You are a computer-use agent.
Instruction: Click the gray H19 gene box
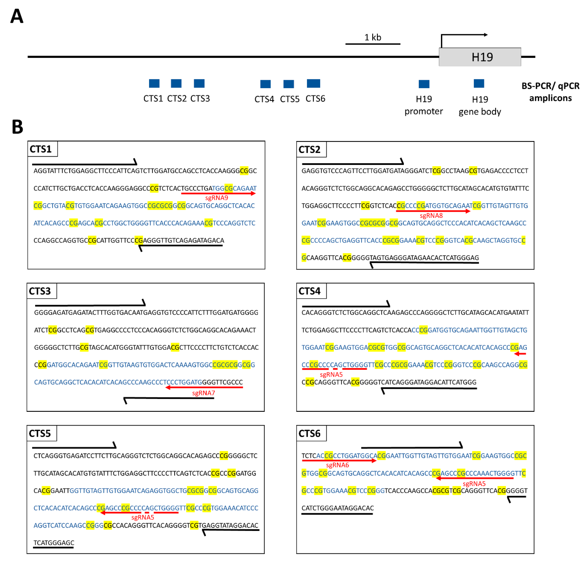[480, 57]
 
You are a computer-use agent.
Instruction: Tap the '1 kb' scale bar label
[373, 37]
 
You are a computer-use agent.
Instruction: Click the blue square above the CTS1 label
[154, 84]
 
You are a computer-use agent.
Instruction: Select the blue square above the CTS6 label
[313, 84]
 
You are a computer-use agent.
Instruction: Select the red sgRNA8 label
[431, 216]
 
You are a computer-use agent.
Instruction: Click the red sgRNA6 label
[337, 465]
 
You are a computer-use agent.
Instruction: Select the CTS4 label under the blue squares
[264, 99]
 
